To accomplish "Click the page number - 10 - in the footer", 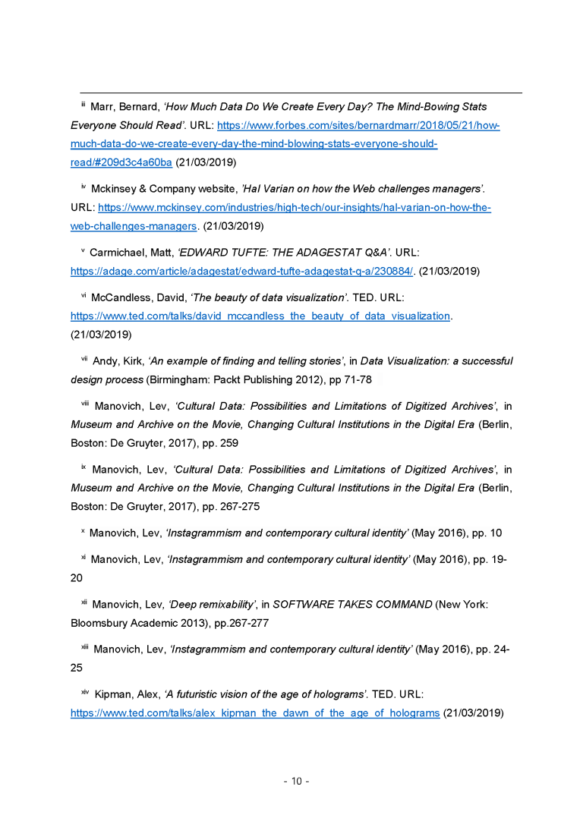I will pos(296,782).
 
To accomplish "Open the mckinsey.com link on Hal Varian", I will pos(295,208).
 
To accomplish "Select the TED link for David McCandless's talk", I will pos(260,316).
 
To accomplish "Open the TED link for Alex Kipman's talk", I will pos(255,713).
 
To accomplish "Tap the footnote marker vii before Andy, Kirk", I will pos(84,360).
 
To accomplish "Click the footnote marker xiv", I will pos(85,693).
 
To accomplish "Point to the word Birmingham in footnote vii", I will pos(178,379).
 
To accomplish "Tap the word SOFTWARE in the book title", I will pos(304,605).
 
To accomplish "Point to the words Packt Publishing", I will pos(240,379).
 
